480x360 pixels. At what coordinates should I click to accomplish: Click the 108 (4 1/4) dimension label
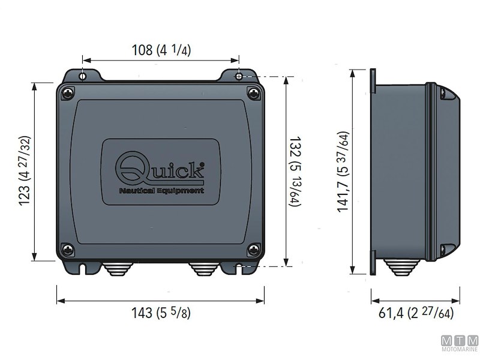[161, 50]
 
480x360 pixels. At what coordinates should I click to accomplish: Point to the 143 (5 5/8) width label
[161, 313]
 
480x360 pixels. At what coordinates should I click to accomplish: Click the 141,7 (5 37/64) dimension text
[343, 173]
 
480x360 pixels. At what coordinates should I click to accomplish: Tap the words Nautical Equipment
[159, 191]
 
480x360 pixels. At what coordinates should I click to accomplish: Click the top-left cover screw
[68, 92]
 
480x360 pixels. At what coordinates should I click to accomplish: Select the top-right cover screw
[253, 92]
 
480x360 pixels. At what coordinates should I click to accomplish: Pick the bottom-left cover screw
[68, 250]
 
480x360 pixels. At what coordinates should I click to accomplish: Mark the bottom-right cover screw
[253, 250]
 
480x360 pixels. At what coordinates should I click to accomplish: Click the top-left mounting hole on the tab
[83, 76]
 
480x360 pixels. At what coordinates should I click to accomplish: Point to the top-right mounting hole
[239, 76]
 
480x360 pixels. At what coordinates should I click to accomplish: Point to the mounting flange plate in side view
[373, 173]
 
